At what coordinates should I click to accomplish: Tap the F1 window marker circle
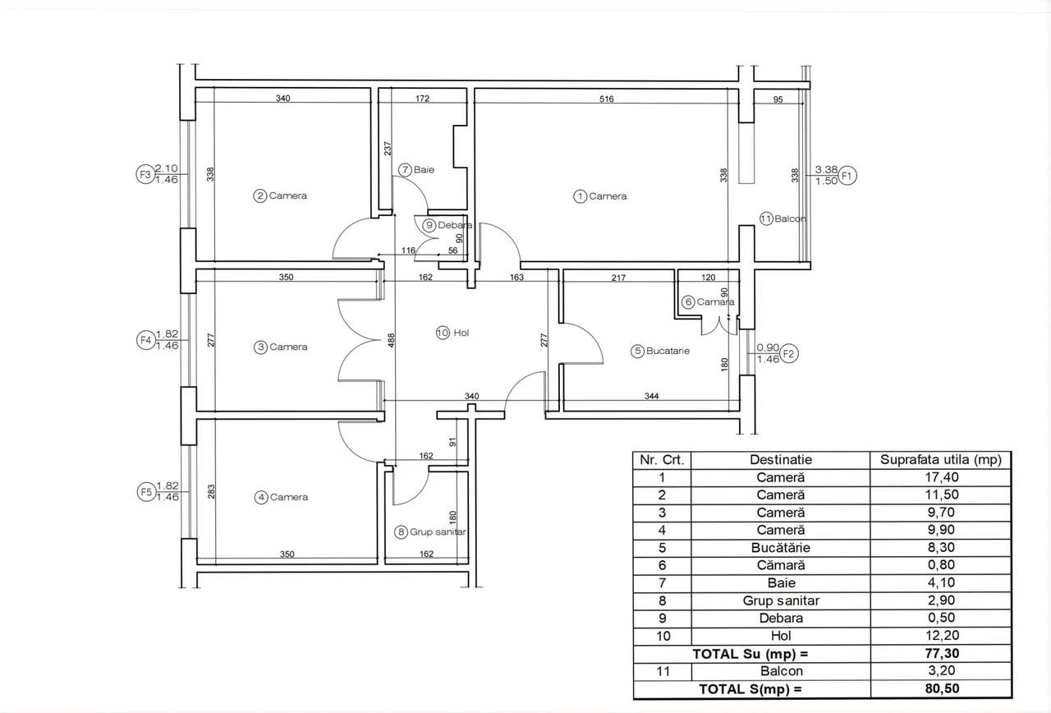848,175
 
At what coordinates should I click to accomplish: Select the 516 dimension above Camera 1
606,99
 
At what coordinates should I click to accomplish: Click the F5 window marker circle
145,491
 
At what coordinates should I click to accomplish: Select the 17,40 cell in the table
941,477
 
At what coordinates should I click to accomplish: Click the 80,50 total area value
941,688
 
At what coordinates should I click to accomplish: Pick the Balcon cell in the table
780,671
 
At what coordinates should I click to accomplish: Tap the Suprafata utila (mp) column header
941,460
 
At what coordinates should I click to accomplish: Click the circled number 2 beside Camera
260,195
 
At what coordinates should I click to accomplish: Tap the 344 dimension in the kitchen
651,397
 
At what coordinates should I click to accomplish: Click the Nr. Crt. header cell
662,460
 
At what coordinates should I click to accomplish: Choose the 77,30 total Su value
941,654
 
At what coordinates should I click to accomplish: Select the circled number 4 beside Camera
261,497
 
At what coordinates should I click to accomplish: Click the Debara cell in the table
780,618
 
